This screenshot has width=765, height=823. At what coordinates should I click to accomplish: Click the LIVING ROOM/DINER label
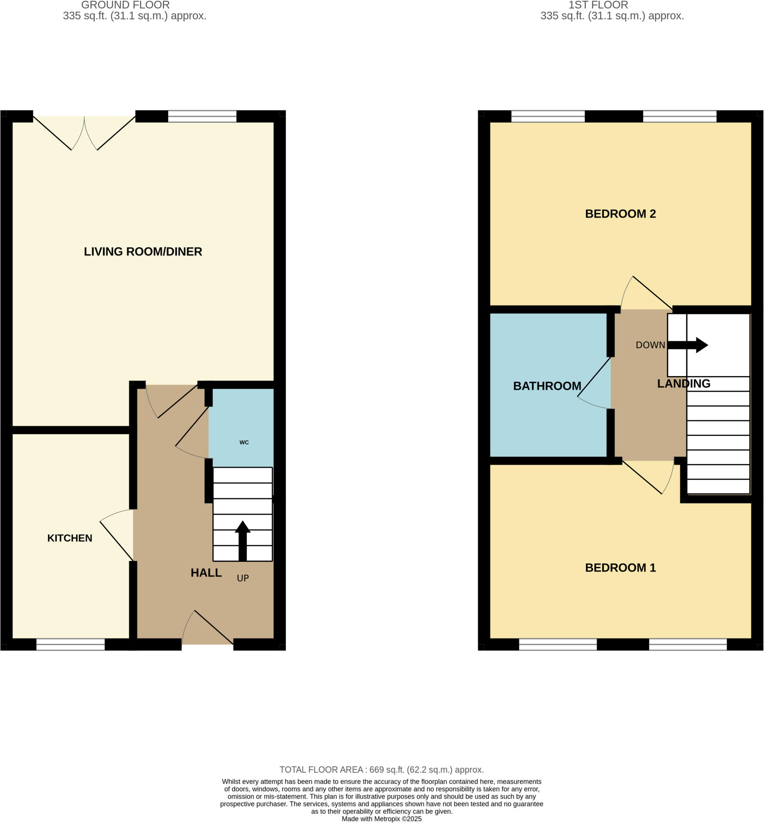coord(143,252)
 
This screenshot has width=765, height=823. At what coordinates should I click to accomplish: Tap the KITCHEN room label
coord(70,538)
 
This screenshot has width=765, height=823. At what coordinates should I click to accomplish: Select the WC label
coord(244,442)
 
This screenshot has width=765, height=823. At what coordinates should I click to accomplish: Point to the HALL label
coord(206,573)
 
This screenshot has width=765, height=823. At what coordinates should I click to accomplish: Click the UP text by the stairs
coord(242,578)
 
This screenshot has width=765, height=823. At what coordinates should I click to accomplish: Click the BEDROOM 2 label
coord(620,214)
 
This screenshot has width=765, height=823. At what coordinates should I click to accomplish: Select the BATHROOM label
coord(547,386)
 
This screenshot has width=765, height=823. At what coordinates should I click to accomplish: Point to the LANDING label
coord(683,383)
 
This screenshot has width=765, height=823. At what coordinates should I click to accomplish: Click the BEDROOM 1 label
coord(620,568)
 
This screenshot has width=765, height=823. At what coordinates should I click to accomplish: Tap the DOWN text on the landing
coord(650,345)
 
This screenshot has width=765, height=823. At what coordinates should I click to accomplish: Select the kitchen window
coord(70,644)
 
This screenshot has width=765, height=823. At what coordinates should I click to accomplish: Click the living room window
coord(202,116)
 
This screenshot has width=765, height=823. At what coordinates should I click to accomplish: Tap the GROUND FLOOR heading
coord(125,5)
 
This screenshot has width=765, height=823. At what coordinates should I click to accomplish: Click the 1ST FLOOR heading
coord(598,5)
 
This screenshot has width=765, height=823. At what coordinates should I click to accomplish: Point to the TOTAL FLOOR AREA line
coord(381,770)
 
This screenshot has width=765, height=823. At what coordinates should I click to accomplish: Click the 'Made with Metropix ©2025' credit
coord(381,819)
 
